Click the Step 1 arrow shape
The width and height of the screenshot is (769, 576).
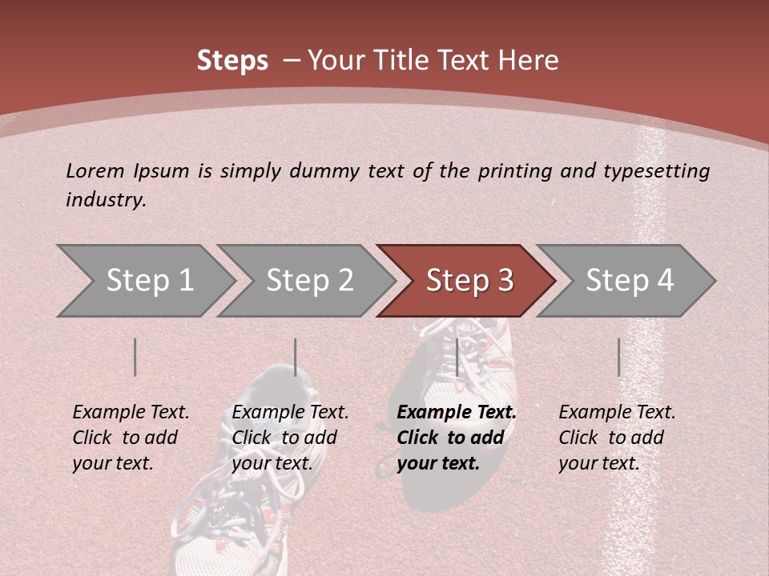[149, 281]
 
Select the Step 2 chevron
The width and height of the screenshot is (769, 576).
[309, 281]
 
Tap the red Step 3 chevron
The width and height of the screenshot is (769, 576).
[469, 281]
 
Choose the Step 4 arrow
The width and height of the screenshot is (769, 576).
[629, 281]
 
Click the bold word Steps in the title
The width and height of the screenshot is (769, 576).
[232, 61]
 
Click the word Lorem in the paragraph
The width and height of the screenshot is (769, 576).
[95, 171]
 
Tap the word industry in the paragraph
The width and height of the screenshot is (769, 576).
[105, 200]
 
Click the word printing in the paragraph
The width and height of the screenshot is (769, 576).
[515, 171]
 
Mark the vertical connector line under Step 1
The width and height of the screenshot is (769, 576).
[135, 357]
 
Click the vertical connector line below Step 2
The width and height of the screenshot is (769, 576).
[296, 357]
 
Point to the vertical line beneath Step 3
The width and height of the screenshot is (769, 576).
[457, 357]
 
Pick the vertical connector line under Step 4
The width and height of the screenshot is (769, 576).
[618, 357]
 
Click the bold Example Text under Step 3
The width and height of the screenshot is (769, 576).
[457, 413]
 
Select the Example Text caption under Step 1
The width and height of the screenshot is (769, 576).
[131, 413]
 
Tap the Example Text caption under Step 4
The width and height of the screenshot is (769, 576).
[617, 413]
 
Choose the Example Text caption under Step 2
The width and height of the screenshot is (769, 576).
[290, 413]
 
